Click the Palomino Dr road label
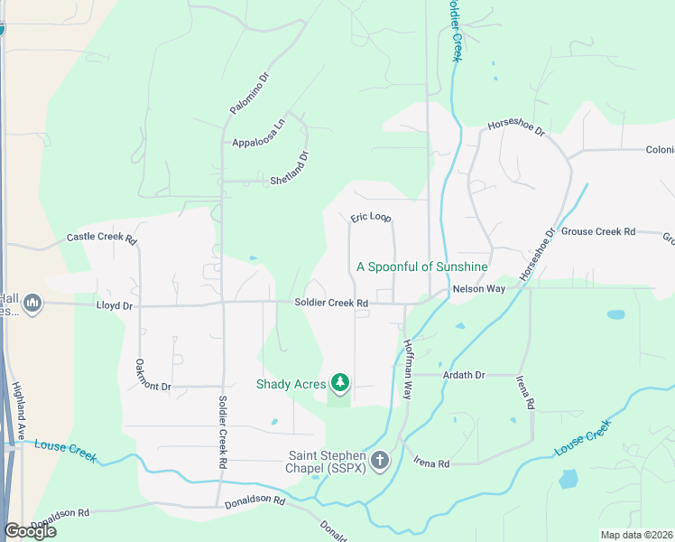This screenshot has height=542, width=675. pyautogui.click(x=249, y=94)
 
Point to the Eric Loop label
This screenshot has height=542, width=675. pyautogui.click(x=370, y=219)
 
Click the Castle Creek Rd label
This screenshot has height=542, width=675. pyautogui.click(x=101, y=239)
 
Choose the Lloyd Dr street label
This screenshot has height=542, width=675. pyautogui.click(x=115, y=306)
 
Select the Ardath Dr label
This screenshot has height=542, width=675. pyautogui.click(x=464, y=375)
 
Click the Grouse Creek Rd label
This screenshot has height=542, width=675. pyautogui.click(x=598, y=231)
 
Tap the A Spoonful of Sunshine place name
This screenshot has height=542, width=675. pyautogui.click(x=422, y=266)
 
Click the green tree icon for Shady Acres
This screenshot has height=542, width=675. pyautogui.click(x=339, y=384)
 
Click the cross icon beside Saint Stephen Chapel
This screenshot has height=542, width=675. pyautogui.click(x=380, y=462)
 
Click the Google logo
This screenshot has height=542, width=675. pyautogui.click(x=30, y=531)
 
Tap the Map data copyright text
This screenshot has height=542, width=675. pyautogui.click(x=635, y=535)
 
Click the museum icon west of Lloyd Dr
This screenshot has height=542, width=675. pyautogui.click(x=32, y=302)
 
